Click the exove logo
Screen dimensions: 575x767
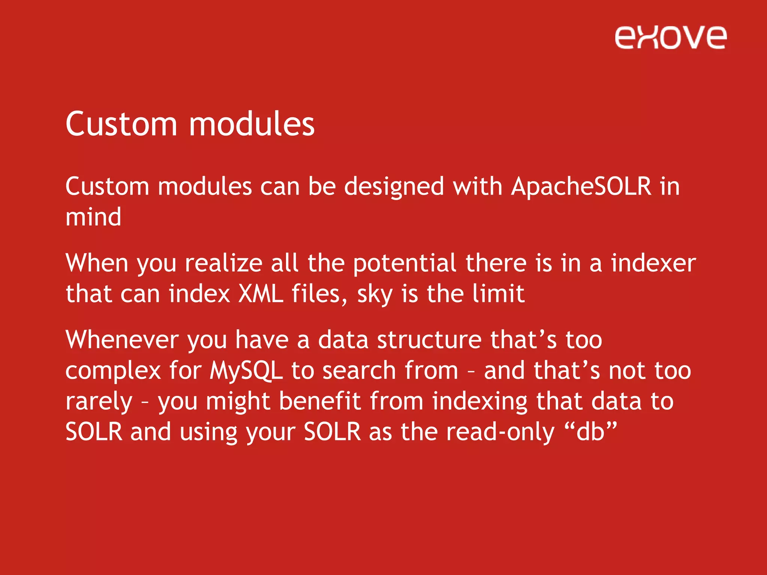(x=670, y=37)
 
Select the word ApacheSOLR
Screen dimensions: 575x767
(x=582, y=186)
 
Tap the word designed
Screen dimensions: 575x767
(x=394, y=187)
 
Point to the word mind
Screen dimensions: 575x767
(x=93, y=217)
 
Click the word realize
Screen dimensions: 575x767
(x=224, y=263)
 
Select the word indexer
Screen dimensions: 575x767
(x=654, y=263)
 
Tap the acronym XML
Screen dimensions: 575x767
(x=261, y=293)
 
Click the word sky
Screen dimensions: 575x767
(x=375, y=294)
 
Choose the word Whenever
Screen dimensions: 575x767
(x=122, y=340)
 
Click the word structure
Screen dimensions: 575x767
(x=429, y=340)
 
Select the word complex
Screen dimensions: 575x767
(x=113, y=371)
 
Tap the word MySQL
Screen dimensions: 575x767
(x=246, y=371)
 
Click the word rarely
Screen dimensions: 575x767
(x=99, y=402)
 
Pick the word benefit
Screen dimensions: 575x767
(x=319, y=401)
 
